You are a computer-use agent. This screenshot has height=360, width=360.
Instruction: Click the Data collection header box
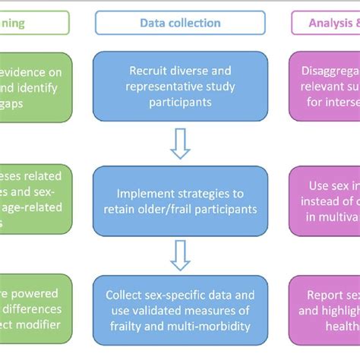point(180,23)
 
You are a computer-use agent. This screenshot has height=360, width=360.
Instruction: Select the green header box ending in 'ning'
point(34,23)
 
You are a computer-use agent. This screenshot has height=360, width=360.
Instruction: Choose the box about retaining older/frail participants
point(180,199)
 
